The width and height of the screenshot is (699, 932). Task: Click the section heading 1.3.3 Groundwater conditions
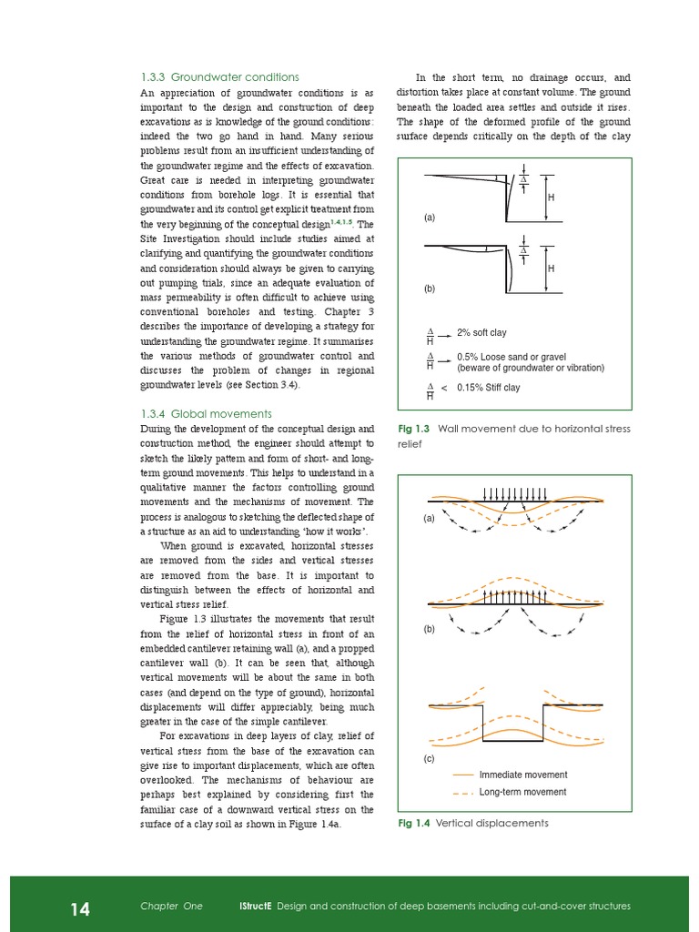click(219, 76)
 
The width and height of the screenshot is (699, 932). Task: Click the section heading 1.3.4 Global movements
click(207, 412)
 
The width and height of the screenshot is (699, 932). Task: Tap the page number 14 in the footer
click(80, 907)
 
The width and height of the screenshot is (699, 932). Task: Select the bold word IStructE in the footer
click(254, 907)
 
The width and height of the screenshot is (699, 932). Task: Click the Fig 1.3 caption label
click(414, 429)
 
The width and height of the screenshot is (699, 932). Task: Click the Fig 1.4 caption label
click(414, 824)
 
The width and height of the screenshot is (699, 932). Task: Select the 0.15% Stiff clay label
click(488, 388)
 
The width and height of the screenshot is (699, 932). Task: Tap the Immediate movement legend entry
click(522, 775)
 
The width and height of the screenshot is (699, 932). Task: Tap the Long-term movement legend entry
click(522, 792)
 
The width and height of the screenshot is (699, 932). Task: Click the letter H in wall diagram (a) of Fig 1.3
click(552, 197)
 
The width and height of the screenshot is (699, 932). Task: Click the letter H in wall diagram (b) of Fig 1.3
click(552, 268)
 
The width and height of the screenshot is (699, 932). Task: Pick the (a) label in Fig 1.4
click(429, 519)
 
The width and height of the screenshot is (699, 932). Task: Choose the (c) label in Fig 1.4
click(429, 758)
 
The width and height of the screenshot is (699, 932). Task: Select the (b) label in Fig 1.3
click(429, 289)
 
